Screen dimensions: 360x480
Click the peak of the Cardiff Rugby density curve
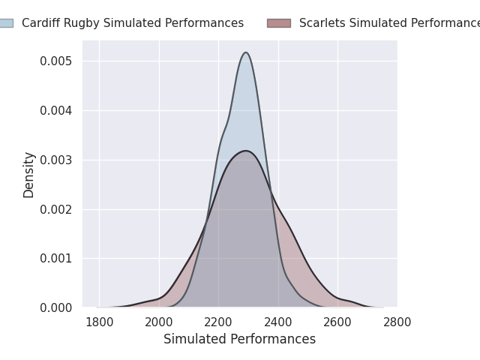pos(245,52)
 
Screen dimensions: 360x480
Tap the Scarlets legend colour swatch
pos(279,23)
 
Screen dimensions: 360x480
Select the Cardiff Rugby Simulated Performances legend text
pos(133,23)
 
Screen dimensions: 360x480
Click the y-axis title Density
pos(29,175)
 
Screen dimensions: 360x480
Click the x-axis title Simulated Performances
pos(239,339)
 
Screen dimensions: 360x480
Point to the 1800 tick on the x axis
pos(99,322)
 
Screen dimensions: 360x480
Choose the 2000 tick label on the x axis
pos(159,322)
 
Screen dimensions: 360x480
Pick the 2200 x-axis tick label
pos(218,322)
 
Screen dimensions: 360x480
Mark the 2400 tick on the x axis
pos(278,322)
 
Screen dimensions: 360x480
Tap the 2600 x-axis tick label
pos(337,322)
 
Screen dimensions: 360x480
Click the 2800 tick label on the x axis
pos(397,322)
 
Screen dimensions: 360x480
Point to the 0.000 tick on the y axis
pos(55,307)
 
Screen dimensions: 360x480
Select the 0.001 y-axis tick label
pos(55,258)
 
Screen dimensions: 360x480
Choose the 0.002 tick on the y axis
pos(55,209)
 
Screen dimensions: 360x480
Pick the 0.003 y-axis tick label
pos(55,160)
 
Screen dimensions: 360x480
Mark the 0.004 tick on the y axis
pos(55,110)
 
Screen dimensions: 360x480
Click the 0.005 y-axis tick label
pos(55,61)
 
